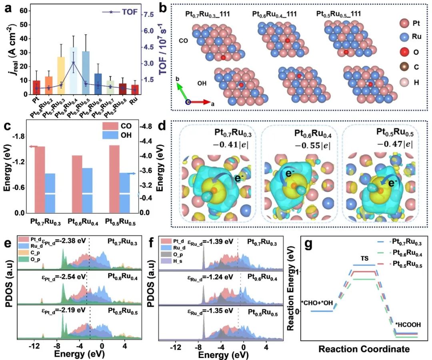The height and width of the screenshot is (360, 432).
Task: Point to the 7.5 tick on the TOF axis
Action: (149, 15)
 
